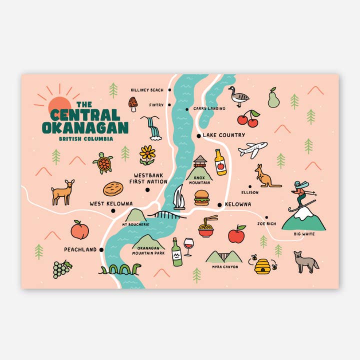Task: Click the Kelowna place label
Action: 238,205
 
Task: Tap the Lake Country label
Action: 224,135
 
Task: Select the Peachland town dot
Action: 101,249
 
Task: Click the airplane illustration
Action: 252,149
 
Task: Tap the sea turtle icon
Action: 103,162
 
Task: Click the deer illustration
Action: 63,192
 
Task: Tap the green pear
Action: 273,98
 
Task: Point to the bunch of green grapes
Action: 61,269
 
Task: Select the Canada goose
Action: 237,97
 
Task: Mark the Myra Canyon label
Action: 224,267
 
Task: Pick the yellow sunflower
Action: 147,153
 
